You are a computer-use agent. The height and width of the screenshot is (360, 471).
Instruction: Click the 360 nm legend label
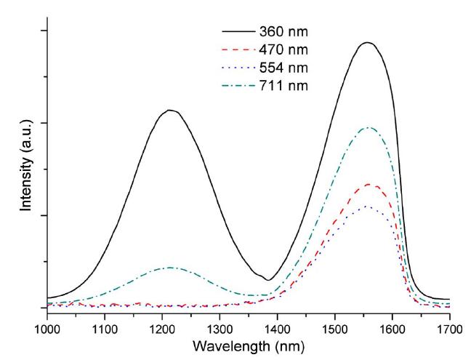click(x=282, y=33)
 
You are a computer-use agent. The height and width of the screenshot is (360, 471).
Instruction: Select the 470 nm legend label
click(x=282, y=50)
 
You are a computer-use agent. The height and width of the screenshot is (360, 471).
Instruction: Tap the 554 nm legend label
click(x=282, y=68)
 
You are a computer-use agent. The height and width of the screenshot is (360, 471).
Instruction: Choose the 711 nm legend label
click(x=282, y=86)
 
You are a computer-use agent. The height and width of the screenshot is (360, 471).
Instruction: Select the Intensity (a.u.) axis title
click(x=27, y=168)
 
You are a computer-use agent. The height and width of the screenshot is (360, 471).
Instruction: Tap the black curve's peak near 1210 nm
click(x=170, y=111)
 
